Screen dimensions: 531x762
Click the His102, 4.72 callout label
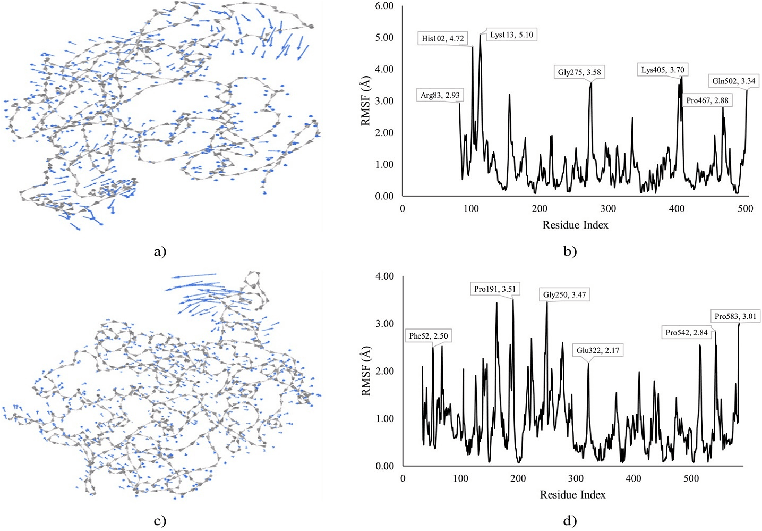point(442,38)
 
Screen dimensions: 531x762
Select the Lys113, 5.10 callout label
point(511,35)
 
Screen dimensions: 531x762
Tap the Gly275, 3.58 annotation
point(579,72)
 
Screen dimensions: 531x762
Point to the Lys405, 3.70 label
point(662,70)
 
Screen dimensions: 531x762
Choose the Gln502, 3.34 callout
point(733,81)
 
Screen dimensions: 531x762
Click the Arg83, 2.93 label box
point(440,95)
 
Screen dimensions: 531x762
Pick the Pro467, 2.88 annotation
point(707,100)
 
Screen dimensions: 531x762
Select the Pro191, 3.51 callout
point(494,289)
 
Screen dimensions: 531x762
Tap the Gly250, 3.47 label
point(564,294)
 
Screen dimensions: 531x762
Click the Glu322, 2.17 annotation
point(597,350)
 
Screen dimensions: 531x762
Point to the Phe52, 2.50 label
point(428,336)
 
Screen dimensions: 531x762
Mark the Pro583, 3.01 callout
point(735,316)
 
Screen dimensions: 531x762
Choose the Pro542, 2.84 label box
point(686,332)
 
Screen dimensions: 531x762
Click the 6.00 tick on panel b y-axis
point(384,6)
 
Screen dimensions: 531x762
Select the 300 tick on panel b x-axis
point(608,209)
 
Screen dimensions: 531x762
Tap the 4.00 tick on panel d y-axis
point(384,276)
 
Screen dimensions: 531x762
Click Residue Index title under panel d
point(572,495)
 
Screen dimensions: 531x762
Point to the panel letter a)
point(160,252)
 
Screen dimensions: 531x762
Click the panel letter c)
point(160,521)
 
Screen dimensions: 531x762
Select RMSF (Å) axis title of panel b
point(365,100)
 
